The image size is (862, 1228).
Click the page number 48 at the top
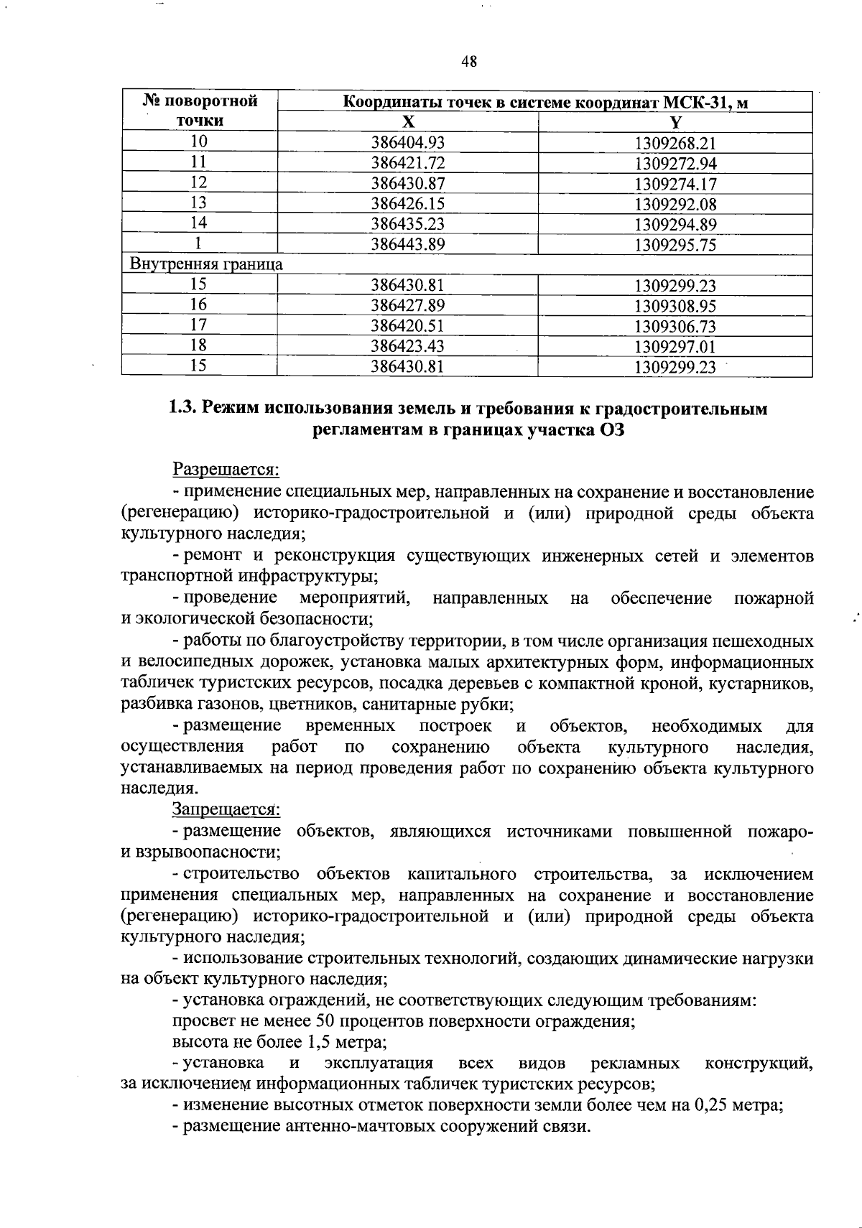pyautogui.click(x=468, y=62)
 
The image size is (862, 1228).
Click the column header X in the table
pyautogui.click(x=407, y=121)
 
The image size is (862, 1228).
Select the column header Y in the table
pyautogui.click(x=675, y=121)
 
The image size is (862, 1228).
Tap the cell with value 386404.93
pyautogui.click(x=407, y=142)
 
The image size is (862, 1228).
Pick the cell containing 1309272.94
pyautogui.click(x=675, y=163)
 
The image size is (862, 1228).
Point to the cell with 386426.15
pyautogui.click(x=407, y=204)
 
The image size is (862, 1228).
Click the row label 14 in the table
pyautogui.click(x=199, y=224)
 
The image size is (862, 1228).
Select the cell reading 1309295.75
pyautogui.click(x=675, y=245)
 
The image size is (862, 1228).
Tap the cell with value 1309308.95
pyautogui.click(x=675, y=306)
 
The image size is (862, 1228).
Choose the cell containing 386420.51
pyautogui.click(x=407, y=326)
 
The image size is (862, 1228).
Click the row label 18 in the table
pyautogui.click(x=199, y=346)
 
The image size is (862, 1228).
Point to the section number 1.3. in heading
pyautogui.click(x=183, y=409)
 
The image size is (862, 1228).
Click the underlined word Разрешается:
pyautogui.click(x=226, y=470)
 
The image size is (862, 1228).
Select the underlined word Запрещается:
pyautogui.click(x=226, y=810)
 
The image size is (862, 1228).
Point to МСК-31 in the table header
pyautogui.click(x=687, y=102)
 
